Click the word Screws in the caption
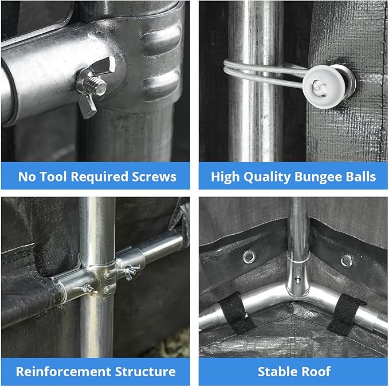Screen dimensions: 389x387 154,177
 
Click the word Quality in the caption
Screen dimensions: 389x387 267,177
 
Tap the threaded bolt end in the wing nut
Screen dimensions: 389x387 99,85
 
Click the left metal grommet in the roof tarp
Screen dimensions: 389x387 249,257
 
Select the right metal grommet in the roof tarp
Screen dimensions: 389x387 346,261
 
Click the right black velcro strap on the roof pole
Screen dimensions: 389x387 345,314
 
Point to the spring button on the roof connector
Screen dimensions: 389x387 297,281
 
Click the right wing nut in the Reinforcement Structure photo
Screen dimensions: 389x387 129,272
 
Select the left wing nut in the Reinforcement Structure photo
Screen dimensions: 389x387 88,289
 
